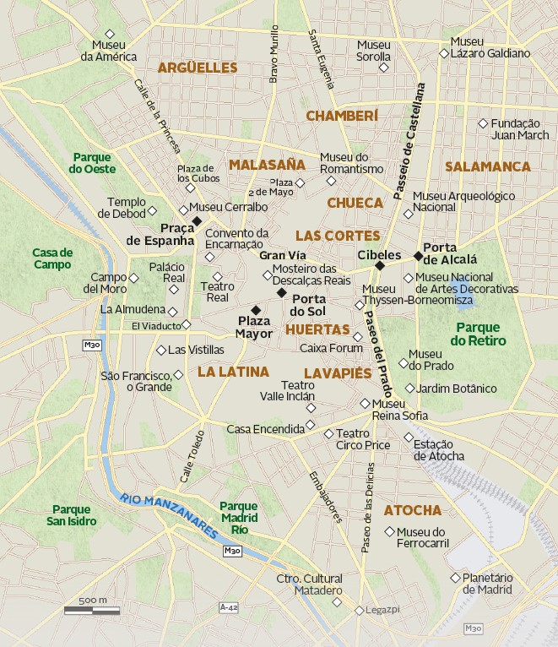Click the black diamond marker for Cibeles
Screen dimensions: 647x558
tap(380, 266)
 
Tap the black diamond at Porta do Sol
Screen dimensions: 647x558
tap(282, 292)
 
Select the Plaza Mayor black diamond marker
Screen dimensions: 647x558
tap(256, 310)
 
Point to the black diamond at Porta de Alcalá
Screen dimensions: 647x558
tap(418, 255)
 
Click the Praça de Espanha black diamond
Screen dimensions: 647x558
tap(197, 221)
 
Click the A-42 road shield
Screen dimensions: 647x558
tap(228, 607)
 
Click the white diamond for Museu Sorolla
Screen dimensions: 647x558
tap(384, 67)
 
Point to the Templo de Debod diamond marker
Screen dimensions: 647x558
tap(153, 209)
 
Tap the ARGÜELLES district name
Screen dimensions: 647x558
tap(198, 68)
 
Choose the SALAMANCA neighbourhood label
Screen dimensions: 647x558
tap(488, 166)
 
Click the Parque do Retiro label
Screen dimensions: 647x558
tap(478, 334)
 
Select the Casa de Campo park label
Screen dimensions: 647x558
tap(52, 258)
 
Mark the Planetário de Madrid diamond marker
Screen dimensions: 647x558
tap(465, 578)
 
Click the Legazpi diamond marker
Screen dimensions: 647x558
tap(359, 610)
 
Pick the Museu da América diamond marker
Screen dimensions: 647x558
tap(109, 34)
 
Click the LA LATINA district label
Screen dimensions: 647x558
tap(233, 371)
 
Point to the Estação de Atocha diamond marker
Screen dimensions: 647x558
tap(409, 438)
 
